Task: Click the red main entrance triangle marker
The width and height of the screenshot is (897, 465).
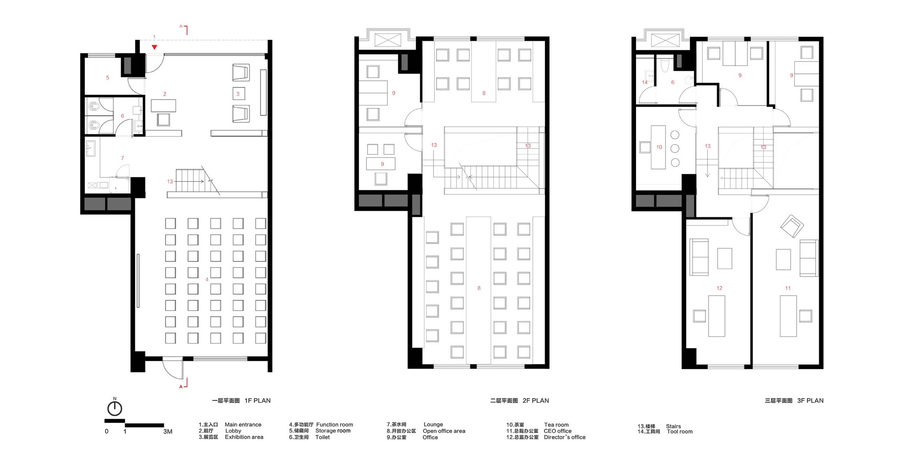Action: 154,47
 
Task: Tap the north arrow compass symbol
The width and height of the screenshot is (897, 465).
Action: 115,408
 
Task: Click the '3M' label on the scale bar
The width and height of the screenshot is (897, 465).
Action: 168,432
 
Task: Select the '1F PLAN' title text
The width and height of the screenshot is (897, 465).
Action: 257,401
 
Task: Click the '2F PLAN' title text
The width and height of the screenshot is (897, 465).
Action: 536,401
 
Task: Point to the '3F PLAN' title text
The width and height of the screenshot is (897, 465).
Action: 810,401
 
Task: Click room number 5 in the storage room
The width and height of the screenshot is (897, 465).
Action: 108,78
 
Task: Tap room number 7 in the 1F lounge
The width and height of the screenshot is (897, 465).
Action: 122,158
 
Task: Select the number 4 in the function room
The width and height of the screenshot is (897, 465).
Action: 207,279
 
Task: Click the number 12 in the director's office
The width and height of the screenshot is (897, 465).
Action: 719,288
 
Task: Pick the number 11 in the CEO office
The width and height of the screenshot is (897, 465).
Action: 788,288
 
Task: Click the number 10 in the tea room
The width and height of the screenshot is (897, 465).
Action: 659,147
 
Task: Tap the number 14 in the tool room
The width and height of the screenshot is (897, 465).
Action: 644,82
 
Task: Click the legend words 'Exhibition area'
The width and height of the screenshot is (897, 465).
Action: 244,437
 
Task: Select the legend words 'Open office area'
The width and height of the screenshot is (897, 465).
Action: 444,431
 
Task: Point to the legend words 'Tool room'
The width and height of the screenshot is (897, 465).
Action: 679,431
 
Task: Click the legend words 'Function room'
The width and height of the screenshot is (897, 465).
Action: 335,425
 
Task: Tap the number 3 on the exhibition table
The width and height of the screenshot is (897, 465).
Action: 238,94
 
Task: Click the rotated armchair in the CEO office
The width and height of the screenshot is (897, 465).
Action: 792,226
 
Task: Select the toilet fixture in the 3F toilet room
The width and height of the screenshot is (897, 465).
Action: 665,65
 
